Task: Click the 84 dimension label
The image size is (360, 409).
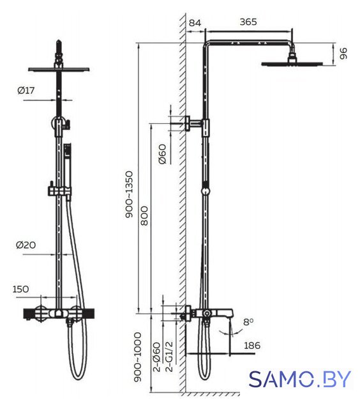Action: (x=195, y=23)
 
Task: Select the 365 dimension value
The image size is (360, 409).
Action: (x=248, y=22)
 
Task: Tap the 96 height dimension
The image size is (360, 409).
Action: (x=343, y=54)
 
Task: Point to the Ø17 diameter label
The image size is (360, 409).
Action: (x=26, y=91)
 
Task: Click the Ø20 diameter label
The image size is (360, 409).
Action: (x=26, y=245)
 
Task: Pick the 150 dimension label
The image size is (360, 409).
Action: (x=20, y=289)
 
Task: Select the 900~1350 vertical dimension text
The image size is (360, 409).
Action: (x=129, y=194)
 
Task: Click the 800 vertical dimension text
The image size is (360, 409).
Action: (x=144, y=216)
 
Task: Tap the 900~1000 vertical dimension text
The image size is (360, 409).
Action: (x=137, y=357)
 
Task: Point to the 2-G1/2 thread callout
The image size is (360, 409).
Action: (x=169, y=357)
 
